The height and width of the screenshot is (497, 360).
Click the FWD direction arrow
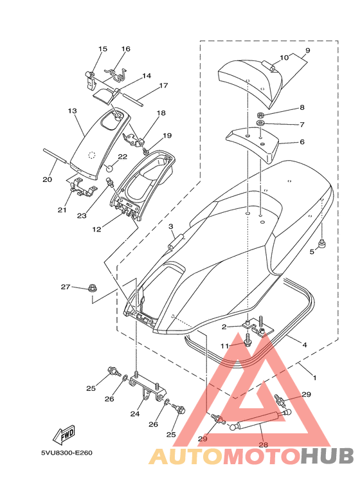(65, 433)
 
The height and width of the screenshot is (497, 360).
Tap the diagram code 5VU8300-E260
(67, 453)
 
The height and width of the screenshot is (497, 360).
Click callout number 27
(66, 287)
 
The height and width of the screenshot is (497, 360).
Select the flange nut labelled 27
(92, 289)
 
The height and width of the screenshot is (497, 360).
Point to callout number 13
(72, 111)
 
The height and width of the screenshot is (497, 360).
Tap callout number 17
(163, 86)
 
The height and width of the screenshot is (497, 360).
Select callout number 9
(307, 50)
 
